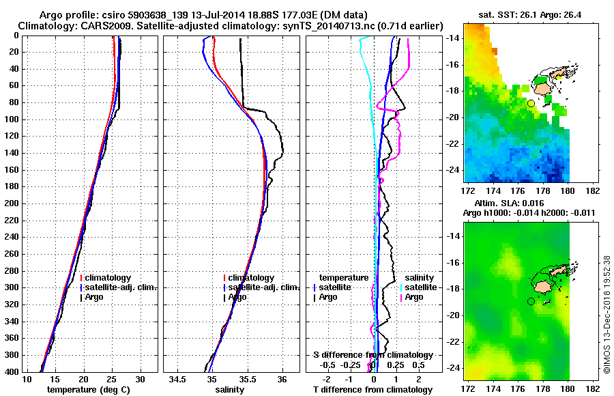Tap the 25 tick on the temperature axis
(112, 379)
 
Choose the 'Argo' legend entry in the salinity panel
(238, 297)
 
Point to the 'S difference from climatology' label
(372, 355)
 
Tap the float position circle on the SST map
(531, 103)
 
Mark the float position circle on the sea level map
(531, 301)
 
